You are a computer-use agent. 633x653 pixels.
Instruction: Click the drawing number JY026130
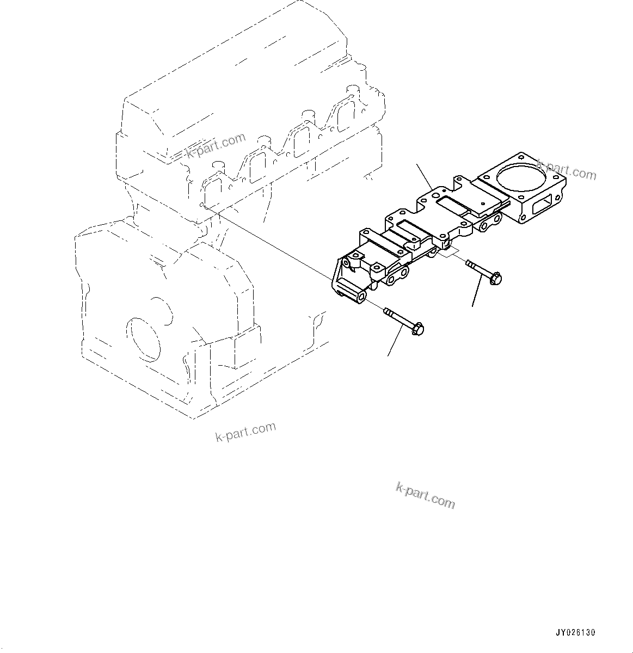575,633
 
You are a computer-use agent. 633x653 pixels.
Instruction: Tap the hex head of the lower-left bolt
418,329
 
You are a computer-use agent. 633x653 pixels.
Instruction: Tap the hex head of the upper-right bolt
495,279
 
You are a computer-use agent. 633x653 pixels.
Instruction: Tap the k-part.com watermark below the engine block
245,432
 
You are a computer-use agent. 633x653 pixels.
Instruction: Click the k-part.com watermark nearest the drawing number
425,495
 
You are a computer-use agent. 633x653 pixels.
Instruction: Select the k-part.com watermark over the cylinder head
216,146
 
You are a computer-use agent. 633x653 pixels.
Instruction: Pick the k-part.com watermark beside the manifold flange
566,171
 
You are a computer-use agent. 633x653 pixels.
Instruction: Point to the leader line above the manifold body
425,176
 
